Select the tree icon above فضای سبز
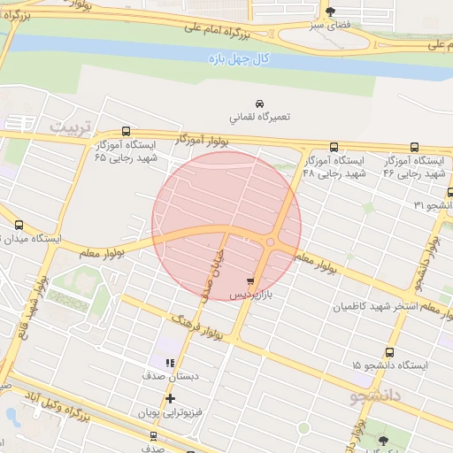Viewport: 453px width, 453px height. click(x=331, y=12)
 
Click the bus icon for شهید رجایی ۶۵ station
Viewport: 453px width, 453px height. click(x=126, y=130)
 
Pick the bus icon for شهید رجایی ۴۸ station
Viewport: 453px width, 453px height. click(x=334, y=148)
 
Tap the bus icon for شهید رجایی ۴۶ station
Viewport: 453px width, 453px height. click(x=414, y=148)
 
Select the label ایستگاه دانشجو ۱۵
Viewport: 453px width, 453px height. click(x=389, y=365)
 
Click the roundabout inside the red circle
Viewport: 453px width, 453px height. click(x=270, y=243)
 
